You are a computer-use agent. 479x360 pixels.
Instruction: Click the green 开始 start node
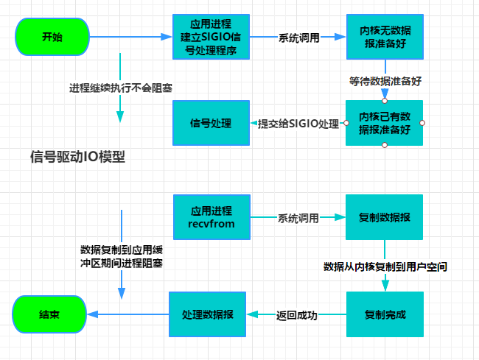pyautogui.click(x=52, y=36)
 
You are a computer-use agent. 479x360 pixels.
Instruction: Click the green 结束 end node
pyautogui.click(x=49, y=314)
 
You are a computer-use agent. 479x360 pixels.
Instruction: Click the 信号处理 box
pyautogui.click(x=211, y=123)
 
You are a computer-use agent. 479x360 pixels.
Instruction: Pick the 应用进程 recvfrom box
pyautogui.click(x=212, y=216)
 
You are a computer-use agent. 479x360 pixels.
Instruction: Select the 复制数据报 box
pyautogui.click(x=384, y=217)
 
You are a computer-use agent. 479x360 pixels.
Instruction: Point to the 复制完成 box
pyautogui.click(x=384, y=314)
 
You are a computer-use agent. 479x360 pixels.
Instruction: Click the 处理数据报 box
pyautogui.click(x=207, y=314)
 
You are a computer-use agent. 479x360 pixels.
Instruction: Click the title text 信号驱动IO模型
pyautogui.click(x=77, y=157)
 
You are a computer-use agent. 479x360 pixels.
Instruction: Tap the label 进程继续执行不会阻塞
pyautogui.click(x=121, y=88)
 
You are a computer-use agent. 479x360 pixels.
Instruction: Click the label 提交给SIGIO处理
pyautogui.click(x=297, y=123)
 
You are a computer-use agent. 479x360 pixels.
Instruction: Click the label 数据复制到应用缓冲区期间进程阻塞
pyautogui.click(x=121, y=255)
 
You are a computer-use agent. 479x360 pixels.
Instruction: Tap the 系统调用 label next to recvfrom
pyautogui.click(x=298, y=217)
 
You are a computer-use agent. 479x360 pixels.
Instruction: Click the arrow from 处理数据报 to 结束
pyautogui.click(x=129, y=314)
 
